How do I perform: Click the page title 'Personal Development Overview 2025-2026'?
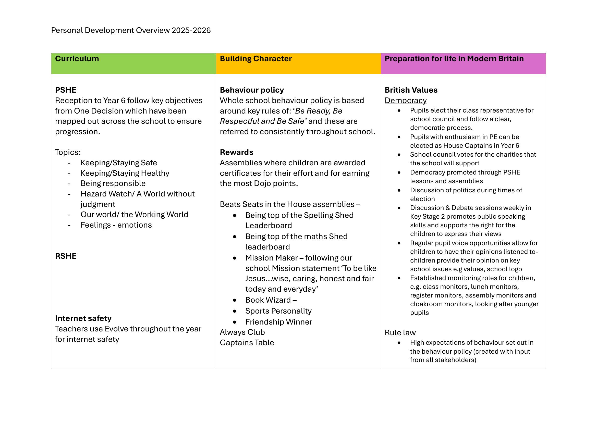131,30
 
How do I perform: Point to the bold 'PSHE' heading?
66,90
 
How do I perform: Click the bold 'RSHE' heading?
66,256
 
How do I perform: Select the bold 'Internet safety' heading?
83,318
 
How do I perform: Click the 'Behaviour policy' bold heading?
252,90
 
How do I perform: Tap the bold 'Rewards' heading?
236,152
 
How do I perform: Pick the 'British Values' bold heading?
411,90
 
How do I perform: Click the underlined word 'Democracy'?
405,101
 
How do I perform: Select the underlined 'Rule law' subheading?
400,333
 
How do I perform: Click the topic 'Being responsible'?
113,183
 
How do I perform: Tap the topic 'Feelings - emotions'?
116,225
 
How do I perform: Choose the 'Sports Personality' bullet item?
278,311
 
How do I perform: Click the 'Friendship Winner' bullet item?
278,322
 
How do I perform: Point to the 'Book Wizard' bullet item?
268,300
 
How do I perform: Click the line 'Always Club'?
242,332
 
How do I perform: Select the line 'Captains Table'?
247,343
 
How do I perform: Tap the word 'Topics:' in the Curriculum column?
68,152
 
